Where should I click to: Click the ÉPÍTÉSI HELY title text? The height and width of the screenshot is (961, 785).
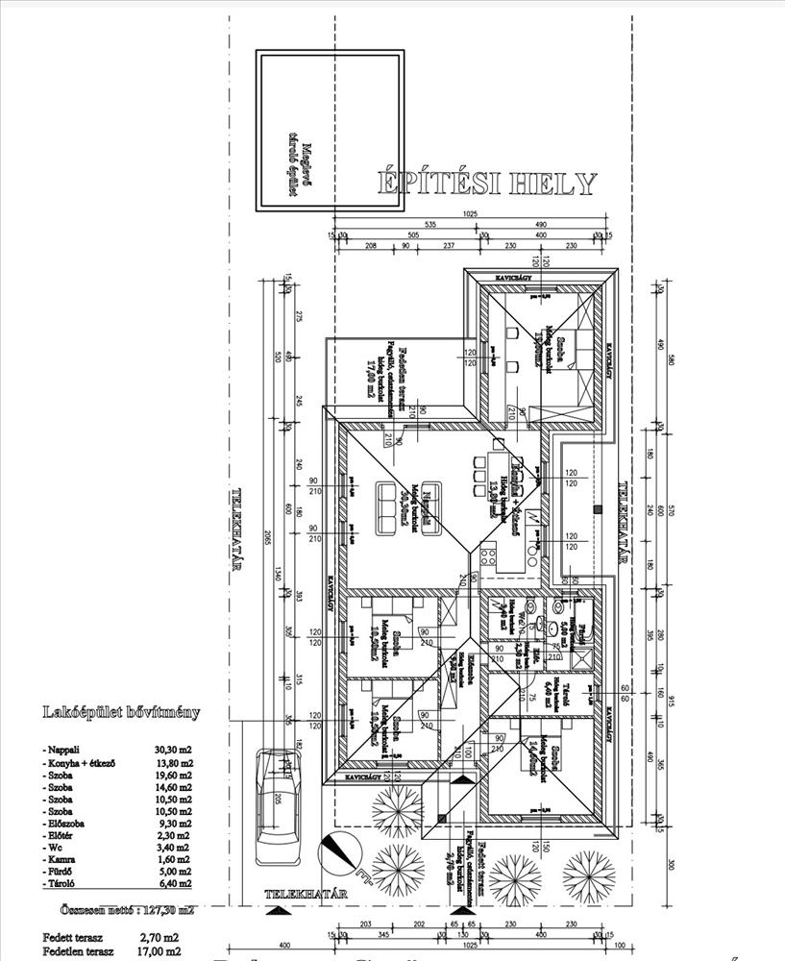pyautogui.click(x=485, y=183)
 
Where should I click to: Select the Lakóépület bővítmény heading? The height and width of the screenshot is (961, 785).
pyautogui.click(x=122, y=712)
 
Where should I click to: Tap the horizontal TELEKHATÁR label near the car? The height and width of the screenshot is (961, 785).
pyautogui.click(x=306, y=895)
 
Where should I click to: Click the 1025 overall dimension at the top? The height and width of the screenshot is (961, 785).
pyautogui.click(x=470, y=213)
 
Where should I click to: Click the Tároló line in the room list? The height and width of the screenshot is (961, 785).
pyautogui.click(x=59, y=882)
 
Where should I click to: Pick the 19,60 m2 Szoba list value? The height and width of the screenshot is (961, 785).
pyautogui.click(x=173, y=775)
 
